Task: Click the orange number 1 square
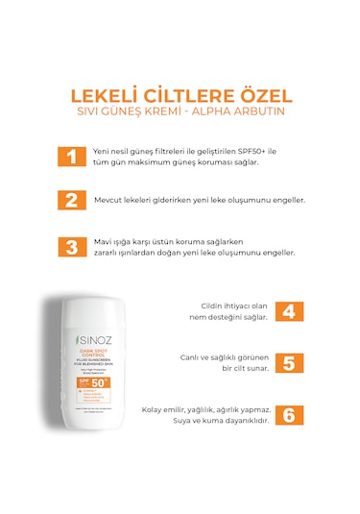point(70,158)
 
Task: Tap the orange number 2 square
point(70,200)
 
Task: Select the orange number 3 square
point(70,246)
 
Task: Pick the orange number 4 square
point(289,310)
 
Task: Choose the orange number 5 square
point(289,363)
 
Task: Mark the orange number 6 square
point(289,415)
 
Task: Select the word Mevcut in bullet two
point(110,200)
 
